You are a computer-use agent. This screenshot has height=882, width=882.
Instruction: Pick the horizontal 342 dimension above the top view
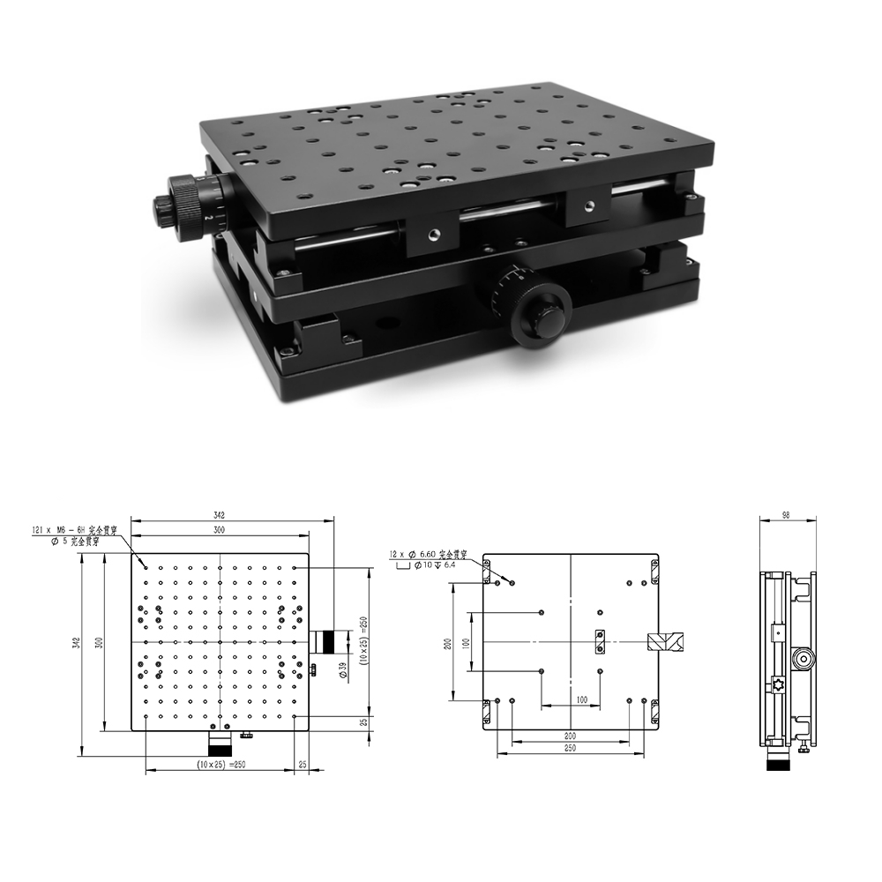coord(220,514)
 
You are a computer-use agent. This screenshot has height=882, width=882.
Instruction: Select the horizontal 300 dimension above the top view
coord(220,530)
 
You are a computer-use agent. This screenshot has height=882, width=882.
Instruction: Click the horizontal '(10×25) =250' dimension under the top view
coord(221,765)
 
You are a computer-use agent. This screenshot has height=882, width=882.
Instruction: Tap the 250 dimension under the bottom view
coord(570,748)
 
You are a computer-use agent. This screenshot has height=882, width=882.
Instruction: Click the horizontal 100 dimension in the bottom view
coord(581,699)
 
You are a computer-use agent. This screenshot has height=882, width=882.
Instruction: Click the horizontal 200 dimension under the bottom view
coord(570,734)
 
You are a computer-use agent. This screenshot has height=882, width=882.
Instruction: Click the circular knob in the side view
coord(803,658)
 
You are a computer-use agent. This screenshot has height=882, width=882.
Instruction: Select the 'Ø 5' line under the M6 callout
coord(76,541)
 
